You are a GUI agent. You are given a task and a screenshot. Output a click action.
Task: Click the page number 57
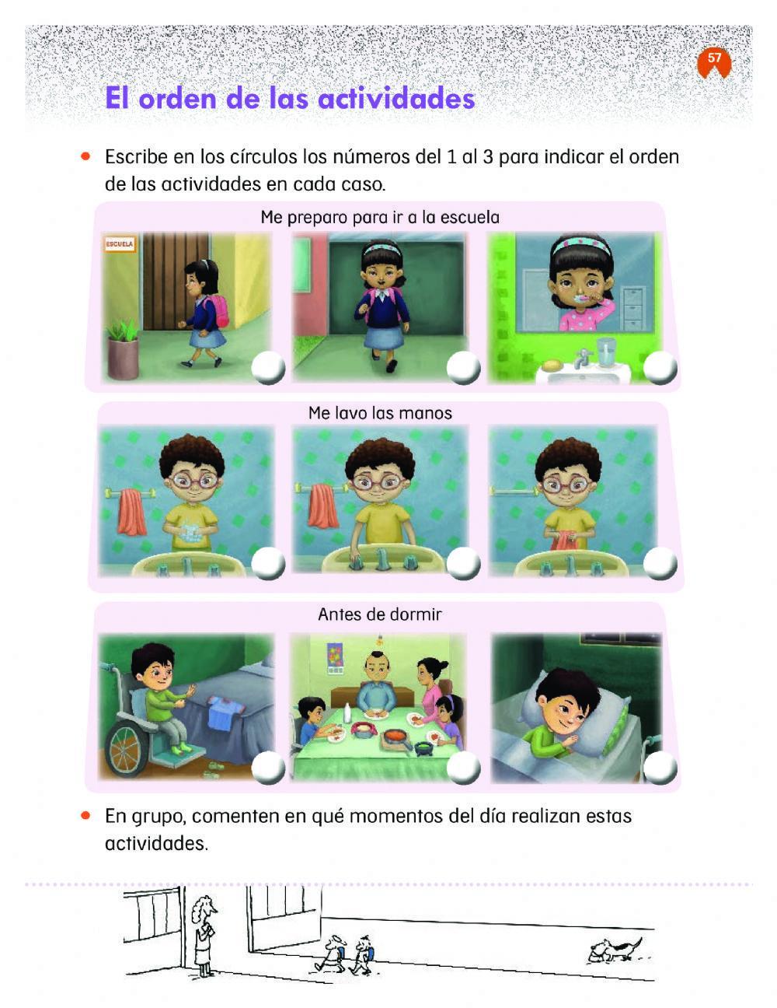point(714,58)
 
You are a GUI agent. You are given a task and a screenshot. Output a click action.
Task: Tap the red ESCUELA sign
point(119,244)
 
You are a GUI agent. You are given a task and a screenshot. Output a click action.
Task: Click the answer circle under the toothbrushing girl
point(660,367)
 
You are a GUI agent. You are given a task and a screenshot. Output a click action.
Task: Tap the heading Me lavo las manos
point(380,412)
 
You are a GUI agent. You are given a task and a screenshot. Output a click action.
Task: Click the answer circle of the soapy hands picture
point(268,563)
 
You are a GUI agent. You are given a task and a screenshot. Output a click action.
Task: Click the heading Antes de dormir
point(379,614)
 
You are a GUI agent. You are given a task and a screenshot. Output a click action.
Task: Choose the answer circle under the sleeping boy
point(660,768)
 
